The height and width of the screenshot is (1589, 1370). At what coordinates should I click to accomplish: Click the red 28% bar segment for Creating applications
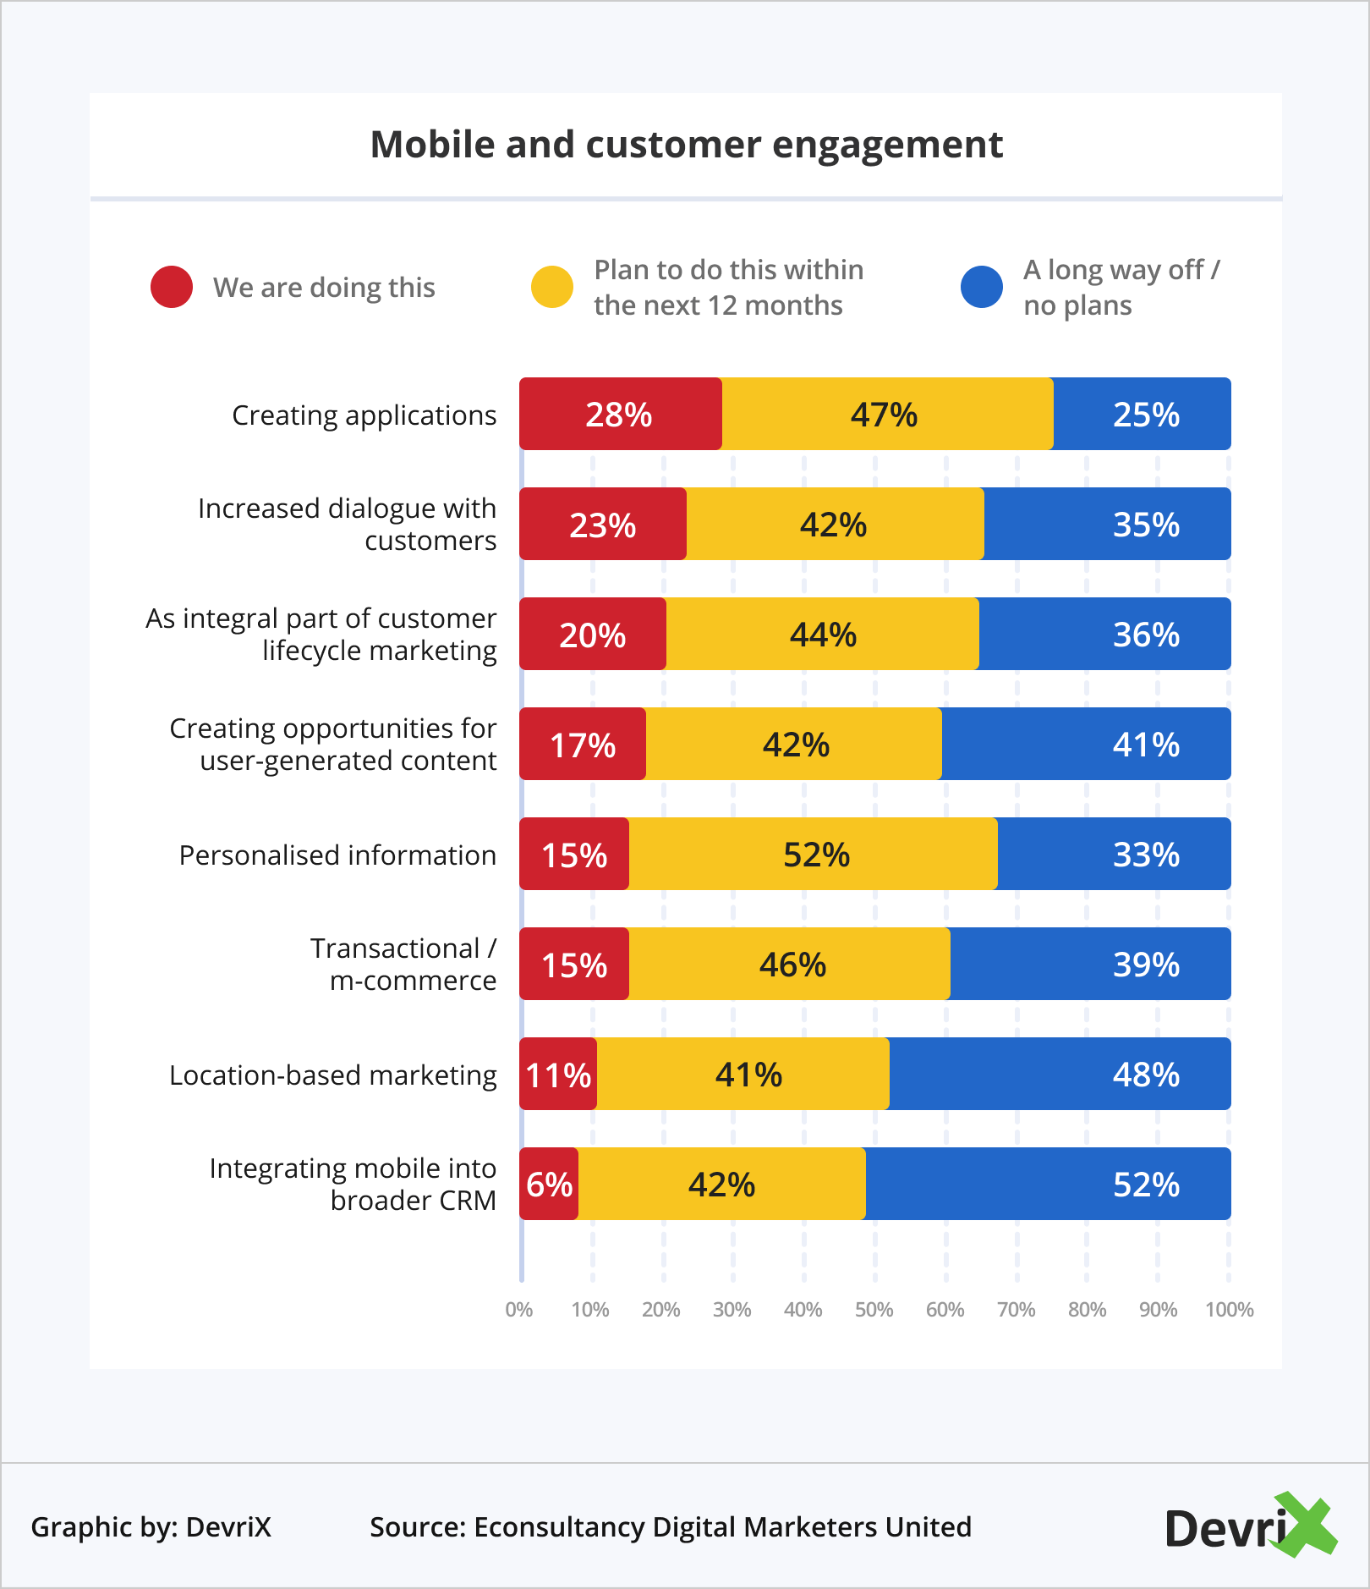620,414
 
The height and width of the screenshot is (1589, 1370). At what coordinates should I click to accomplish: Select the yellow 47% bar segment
886,414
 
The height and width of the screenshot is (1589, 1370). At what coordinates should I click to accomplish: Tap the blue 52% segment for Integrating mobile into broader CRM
1048,1184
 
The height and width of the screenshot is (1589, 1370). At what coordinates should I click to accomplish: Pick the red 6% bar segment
549,1184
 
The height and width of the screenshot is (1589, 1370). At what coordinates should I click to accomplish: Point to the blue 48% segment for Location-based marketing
1060,1074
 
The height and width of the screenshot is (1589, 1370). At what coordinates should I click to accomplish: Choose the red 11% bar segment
558,1074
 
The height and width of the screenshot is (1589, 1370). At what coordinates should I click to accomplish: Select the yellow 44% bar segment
822,634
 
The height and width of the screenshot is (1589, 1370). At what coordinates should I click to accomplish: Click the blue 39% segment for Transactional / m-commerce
1090,964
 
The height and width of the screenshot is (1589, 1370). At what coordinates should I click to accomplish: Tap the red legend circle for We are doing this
172,287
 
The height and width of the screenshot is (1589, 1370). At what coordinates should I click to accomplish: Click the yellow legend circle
552,287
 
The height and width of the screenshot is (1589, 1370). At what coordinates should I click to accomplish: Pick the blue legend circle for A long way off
982,287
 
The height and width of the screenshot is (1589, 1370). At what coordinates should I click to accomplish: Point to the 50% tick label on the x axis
874,1310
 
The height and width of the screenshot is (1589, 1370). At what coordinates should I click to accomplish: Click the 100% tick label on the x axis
1229,1310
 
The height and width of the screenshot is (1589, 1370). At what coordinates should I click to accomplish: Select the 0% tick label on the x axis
518,1310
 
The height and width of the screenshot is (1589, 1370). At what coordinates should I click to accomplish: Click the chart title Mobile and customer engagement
686,145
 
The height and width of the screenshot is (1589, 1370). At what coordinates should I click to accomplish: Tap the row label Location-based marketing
333,1075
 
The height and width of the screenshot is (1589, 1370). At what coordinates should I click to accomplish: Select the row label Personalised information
337,855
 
